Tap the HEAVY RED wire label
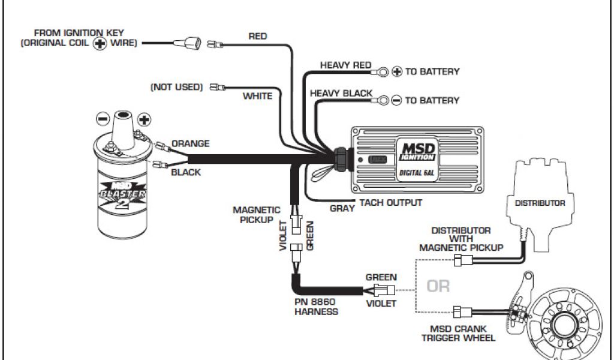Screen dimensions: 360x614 tap(345, 65)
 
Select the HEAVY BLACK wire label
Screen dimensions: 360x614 tap(341, 94)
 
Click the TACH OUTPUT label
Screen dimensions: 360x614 tap(390, 203)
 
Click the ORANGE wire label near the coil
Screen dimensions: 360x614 tap(191, 144)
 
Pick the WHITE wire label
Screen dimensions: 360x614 tap(257, 96)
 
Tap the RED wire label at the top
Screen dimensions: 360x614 tap(258, 37)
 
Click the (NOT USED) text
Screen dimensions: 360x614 tap(176, 87)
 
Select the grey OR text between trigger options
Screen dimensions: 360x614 tap(438, 286)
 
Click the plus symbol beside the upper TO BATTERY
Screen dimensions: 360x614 tap(396, 72)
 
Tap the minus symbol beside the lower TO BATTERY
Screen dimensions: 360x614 tap(396, 101)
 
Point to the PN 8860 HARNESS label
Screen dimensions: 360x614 tap(316, 307)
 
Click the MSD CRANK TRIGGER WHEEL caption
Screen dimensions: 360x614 tap(463, 333)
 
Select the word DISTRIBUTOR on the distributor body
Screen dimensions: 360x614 tap(540, 203)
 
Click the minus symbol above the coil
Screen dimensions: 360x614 tap(103, 118)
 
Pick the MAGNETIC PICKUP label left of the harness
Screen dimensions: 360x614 tap(257, 215)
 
